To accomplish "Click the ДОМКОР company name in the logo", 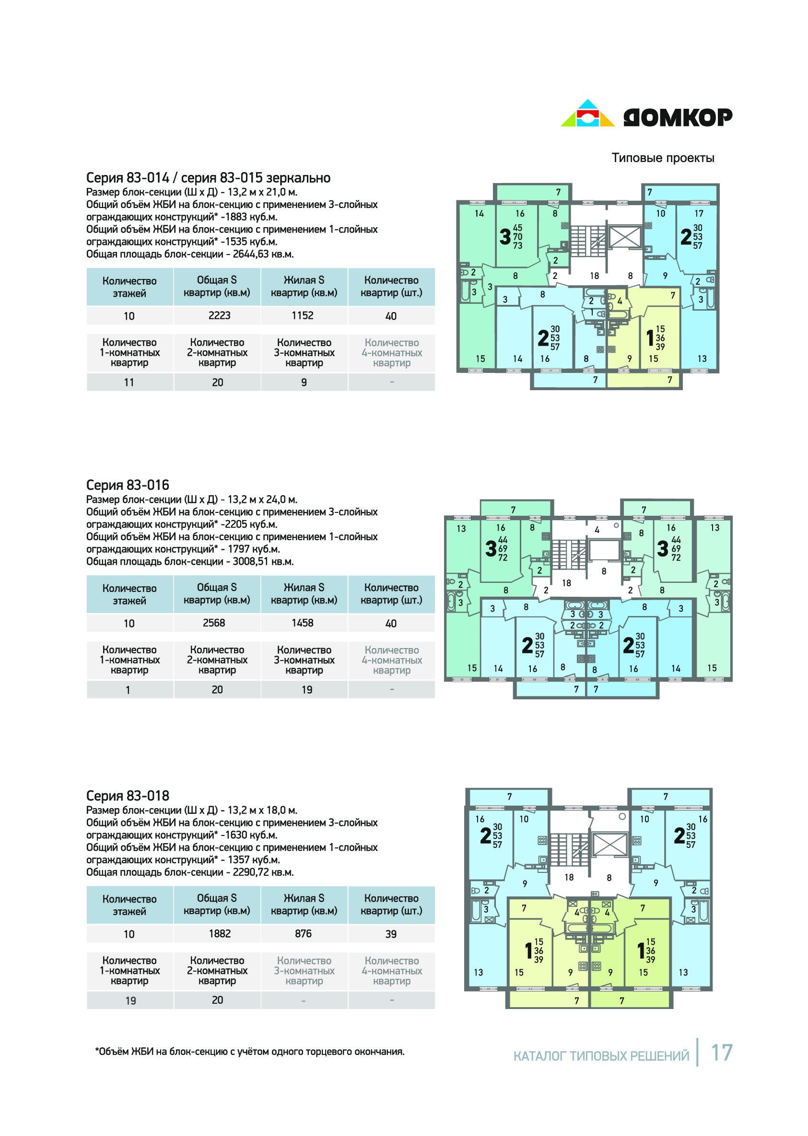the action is pos(678,117).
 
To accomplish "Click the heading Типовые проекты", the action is pos(663,158).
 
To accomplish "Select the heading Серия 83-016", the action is pos(128,485).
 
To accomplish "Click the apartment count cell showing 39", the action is pos(391,934).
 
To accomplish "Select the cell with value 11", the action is pos(129,383).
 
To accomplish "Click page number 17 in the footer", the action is pos(721,1053).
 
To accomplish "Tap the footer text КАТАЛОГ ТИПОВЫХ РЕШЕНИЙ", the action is pos(601,1056).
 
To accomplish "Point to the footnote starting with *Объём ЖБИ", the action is pos(250,1052).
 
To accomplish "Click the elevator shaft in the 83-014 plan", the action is pos(625,237).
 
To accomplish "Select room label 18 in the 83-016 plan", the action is pos(566,583).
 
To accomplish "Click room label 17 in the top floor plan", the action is pos(699,213).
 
